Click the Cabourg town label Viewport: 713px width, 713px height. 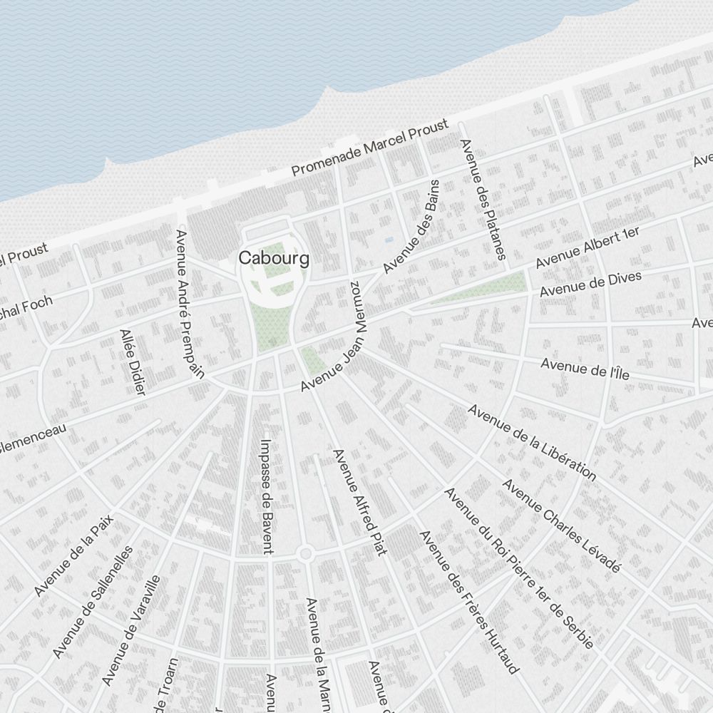(x=275, y=258)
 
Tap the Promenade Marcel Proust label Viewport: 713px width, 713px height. (x=370, y=148)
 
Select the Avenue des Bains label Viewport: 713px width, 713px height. (x=411, y=226)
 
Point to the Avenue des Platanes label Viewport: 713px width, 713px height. (x=483, y=200)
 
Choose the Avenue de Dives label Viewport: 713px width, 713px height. (x=590, y=284)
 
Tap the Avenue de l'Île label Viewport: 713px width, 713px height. (x=585, y=369)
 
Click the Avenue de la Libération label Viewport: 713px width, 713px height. (x=532, y=442)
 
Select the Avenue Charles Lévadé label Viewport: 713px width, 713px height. (x=561, y=525)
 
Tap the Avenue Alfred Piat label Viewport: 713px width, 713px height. (x=359, y=502)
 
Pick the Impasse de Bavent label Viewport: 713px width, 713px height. (x=267, y=496)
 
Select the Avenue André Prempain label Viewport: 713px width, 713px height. (x=190, y=303)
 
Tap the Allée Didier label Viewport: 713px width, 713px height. (x=133, y=361)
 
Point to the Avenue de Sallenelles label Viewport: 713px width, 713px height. (x=93, y=602)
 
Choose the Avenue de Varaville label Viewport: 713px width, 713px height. (x=130, y=630)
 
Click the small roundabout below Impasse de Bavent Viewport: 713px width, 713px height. (x=306, y=554)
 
